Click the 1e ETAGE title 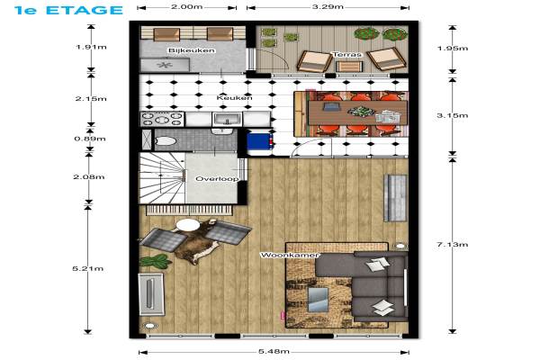pos(68,10)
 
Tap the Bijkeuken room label pos(192,50)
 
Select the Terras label pos(347,54)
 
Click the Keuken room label pos(235,98)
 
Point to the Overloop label pos(217,179)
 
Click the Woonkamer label pos(290,256)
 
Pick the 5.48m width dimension pos(274,352)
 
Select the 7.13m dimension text pos(453,245)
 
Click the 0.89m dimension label pos(90,139)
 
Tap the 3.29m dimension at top pos(328,6)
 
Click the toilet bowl pos(166,141)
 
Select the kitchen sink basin pos(227,119)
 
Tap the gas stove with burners pos(162,119)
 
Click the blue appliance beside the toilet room pos(260,141)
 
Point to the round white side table pos(188,225)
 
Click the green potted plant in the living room pos(155,261)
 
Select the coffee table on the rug pos(318,300)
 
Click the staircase pos(162,178)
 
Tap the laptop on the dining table pos(330,107)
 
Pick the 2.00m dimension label pos(187,6)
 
